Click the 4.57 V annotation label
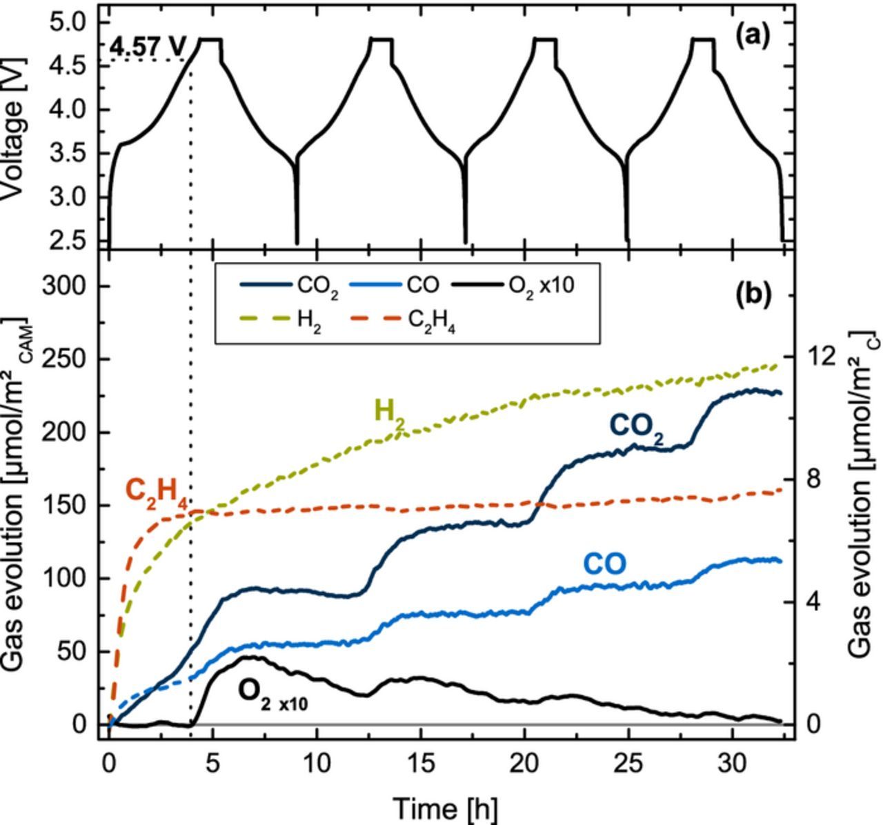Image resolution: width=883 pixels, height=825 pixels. pos(148,47)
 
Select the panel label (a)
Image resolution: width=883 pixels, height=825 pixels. pos(753,34)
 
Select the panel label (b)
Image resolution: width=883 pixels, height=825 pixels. pos(753,294)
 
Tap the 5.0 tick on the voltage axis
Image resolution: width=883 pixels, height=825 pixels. pos(70,22)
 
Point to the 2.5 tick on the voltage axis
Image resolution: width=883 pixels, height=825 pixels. pos(70,240)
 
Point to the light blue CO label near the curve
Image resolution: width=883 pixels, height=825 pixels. pos(605,564)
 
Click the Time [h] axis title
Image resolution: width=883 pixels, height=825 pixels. pos(445,807)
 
